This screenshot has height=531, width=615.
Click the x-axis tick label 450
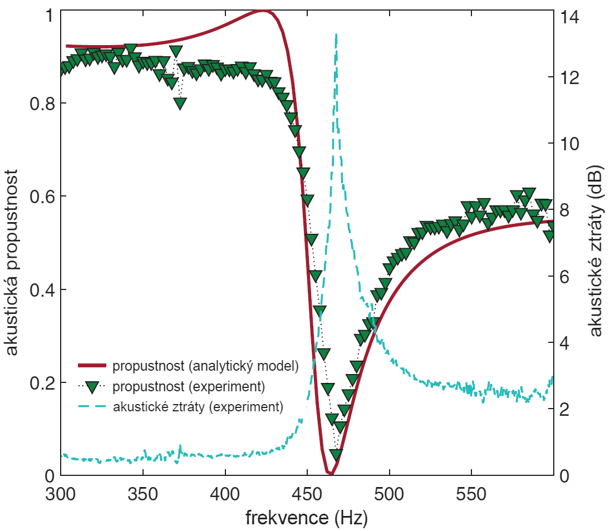[x=307, y=494]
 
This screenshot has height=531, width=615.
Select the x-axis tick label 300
[x=61, y=494]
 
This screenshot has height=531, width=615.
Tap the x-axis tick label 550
[x=471, y=494]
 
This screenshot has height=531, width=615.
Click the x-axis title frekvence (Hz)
[x=307, y=518]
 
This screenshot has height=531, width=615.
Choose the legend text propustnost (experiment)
[x=188, y=386]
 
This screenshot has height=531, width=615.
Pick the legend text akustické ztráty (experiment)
[x=198, y=406]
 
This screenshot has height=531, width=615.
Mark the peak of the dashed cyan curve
[x=336, y=35]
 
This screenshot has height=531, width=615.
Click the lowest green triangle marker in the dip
[x=335, y=454]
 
